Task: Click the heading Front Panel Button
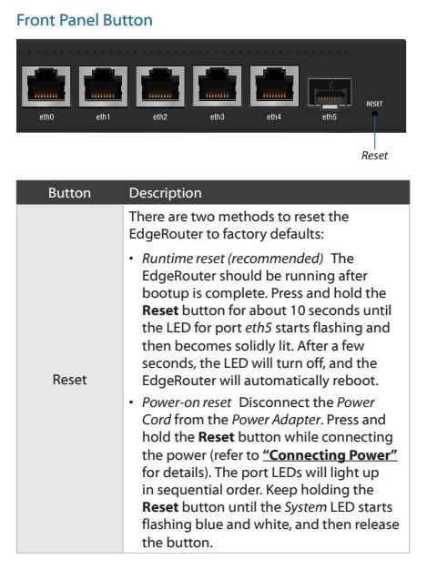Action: pyautogui.click(x=85, y=20)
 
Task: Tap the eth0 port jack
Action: pyautogui.click(x=46, y=87)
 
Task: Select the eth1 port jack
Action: pyautogui.click(x=103, y=87)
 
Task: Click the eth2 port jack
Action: pyautogui.click(x=160, y=87)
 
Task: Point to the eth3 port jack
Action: pyautogui.click(x=217, y=87)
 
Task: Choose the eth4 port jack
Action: pyautogui.click(x=274, y=87)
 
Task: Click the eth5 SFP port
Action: pyautogui.click(x=330, y=93)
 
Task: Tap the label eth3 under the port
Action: pyautogui.click(x=217, y=117)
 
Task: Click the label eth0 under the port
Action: pyautogui.click(x=46, y=117)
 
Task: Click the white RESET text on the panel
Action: pyautogui.click(x=374, y=104)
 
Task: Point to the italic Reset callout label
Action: pyautogui.click(x=374, y=156)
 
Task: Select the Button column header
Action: pyautogui.click(x=69, y=193)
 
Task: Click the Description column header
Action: pyautogui.click(x=166, y=193)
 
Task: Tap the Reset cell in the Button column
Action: pyautogui.click(x=69, y=380)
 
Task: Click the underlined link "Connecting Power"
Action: pyautogui.click(x=330, y=454)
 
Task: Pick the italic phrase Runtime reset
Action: pyautogui.click(x=183, y=259)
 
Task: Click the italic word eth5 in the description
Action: pyautogui.click(x=259, y=328)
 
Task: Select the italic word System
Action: pyautogui.click(x=305, y=507)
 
